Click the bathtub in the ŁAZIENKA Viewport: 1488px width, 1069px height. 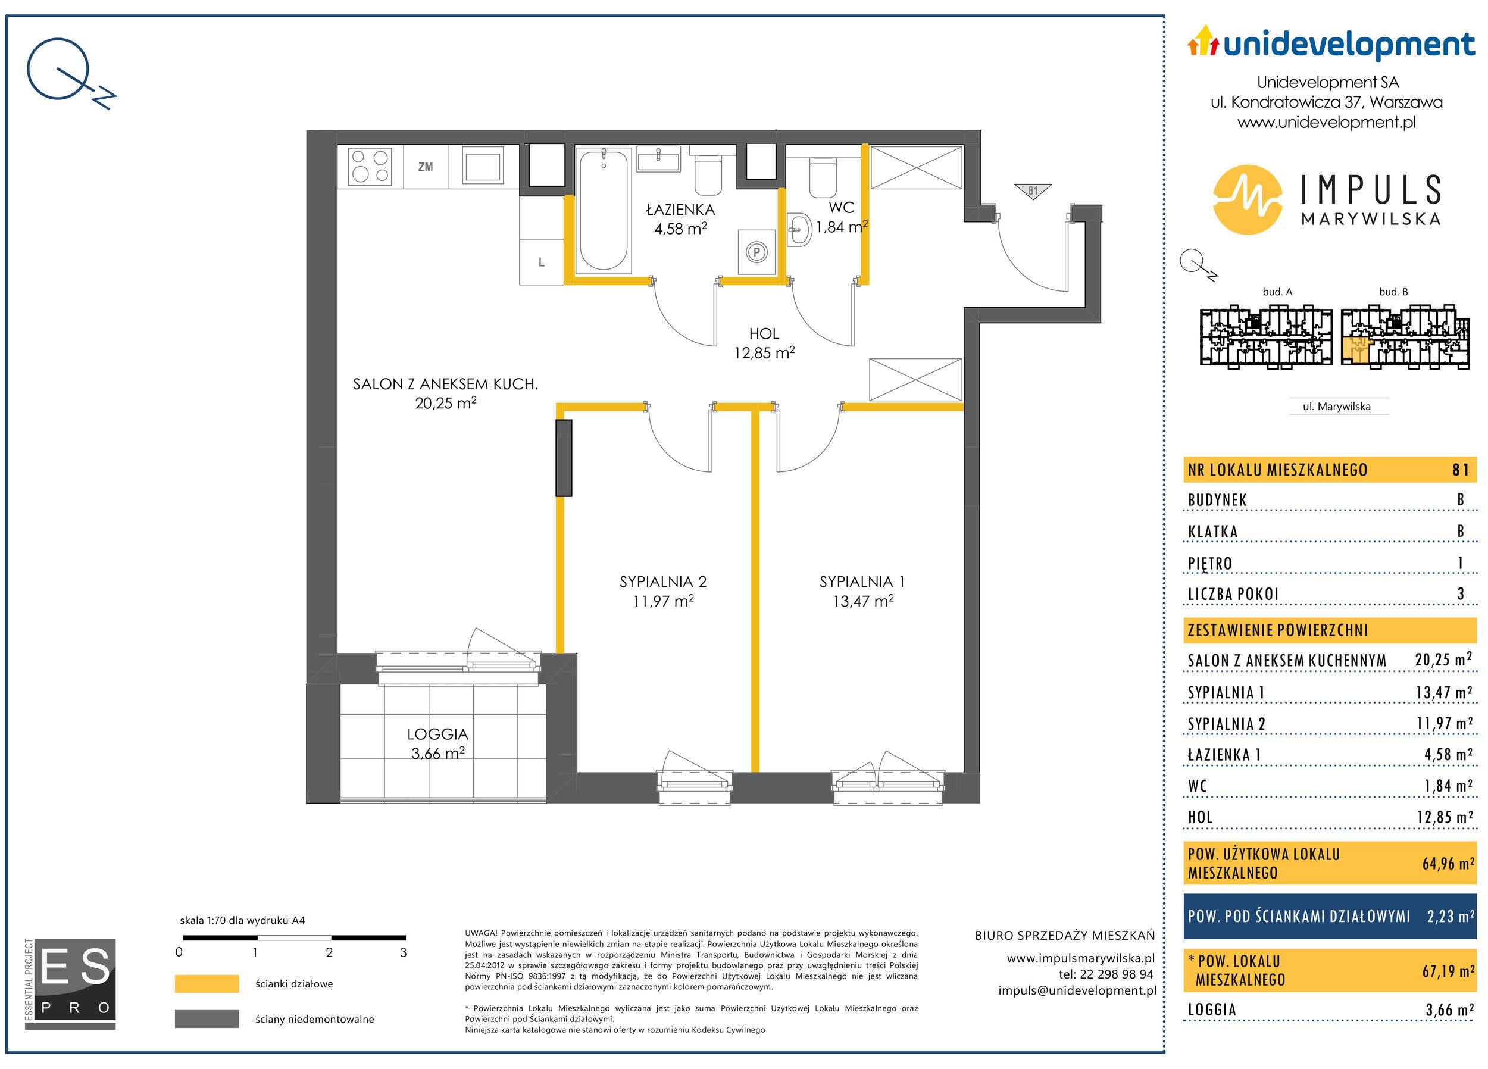pos(603,210)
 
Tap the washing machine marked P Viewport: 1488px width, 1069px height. pos(756,252)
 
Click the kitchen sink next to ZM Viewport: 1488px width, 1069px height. pos(483,165)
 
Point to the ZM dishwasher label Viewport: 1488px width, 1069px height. pos(425,167)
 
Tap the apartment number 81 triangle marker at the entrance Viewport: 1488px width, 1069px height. pos(1033,192)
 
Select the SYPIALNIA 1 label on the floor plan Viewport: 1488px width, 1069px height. pos(862,582)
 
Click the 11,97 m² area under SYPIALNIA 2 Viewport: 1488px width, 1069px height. pos(663,601)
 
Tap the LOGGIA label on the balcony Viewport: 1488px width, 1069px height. pos(437,734)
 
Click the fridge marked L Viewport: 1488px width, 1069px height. pos(541,262)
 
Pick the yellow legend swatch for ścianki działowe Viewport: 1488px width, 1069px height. pos(207,984)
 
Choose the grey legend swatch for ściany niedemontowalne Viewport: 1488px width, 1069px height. pos(207,1018)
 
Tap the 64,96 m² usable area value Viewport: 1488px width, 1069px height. pos(1448,864)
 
